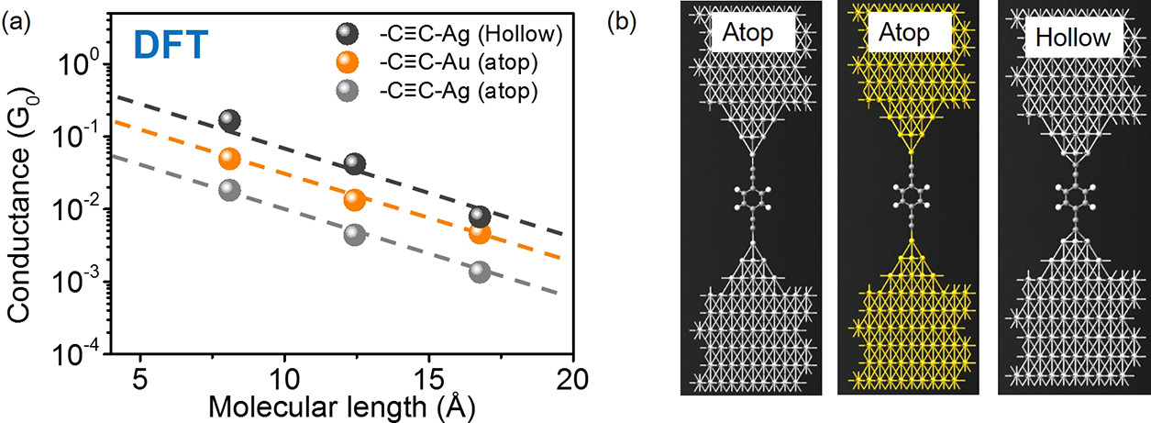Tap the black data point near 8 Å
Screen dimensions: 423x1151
(229, 120)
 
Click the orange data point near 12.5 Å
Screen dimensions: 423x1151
(354, 199)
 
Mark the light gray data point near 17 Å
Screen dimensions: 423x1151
(480, 272)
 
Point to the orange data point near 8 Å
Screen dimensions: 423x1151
(229, 158)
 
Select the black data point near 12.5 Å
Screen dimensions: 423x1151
(354, 164)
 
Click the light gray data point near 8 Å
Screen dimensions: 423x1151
(229, 190)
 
